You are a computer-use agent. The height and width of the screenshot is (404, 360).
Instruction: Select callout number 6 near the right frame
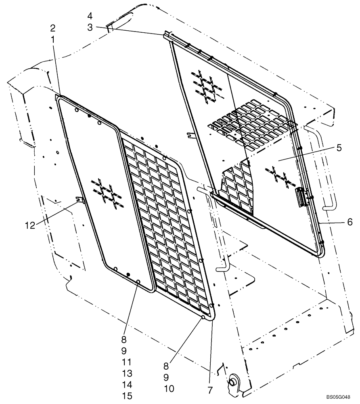350,221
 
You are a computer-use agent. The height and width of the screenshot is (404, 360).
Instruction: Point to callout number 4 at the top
90,16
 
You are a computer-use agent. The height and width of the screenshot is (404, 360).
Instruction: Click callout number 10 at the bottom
169,389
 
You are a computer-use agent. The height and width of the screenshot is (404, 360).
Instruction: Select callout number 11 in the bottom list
127,362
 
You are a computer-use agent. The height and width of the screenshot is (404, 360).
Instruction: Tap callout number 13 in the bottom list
127,373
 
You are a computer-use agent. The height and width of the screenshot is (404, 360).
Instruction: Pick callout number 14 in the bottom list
127,385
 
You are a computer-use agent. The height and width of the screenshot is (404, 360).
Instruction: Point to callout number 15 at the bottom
127,396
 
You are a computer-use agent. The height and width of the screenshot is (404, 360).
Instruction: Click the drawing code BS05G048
338,398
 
